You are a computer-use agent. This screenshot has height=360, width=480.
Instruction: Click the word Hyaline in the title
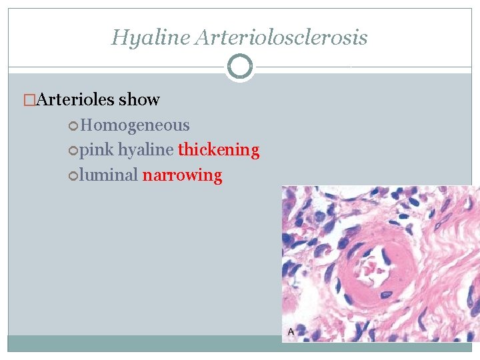pyautogui.click(x=151, y=37)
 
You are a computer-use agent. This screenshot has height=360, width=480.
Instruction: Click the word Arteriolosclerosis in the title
pyautogui.click(x=281, y=37)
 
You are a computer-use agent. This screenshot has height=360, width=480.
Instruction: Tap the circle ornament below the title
pyautogui.click(x=240, y=67)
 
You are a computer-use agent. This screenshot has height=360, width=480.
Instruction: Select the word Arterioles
pyautogui.click(x=75, y=100)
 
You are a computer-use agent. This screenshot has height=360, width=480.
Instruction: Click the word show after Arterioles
pyautogui.click(x=139, y=100)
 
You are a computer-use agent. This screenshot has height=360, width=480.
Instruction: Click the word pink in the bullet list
pyautogui.click(x=97, y=150)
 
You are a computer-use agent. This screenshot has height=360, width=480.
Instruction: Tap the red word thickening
pyautogui.click(x=219, y=150)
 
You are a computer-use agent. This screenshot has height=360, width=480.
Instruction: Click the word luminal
pyautogui.click(x=108, y=175)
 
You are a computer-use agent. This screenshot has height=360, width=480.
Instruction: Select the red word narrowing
pyautogui.click(x=182, y=175)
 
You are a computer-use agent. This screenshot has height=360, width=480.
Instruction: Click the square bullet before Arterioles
pyautogui.click(x=28, y=101)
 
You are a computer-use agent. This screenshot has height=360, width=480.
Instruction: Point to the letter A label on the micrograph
pyautogui.click(x=291, y=331)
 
